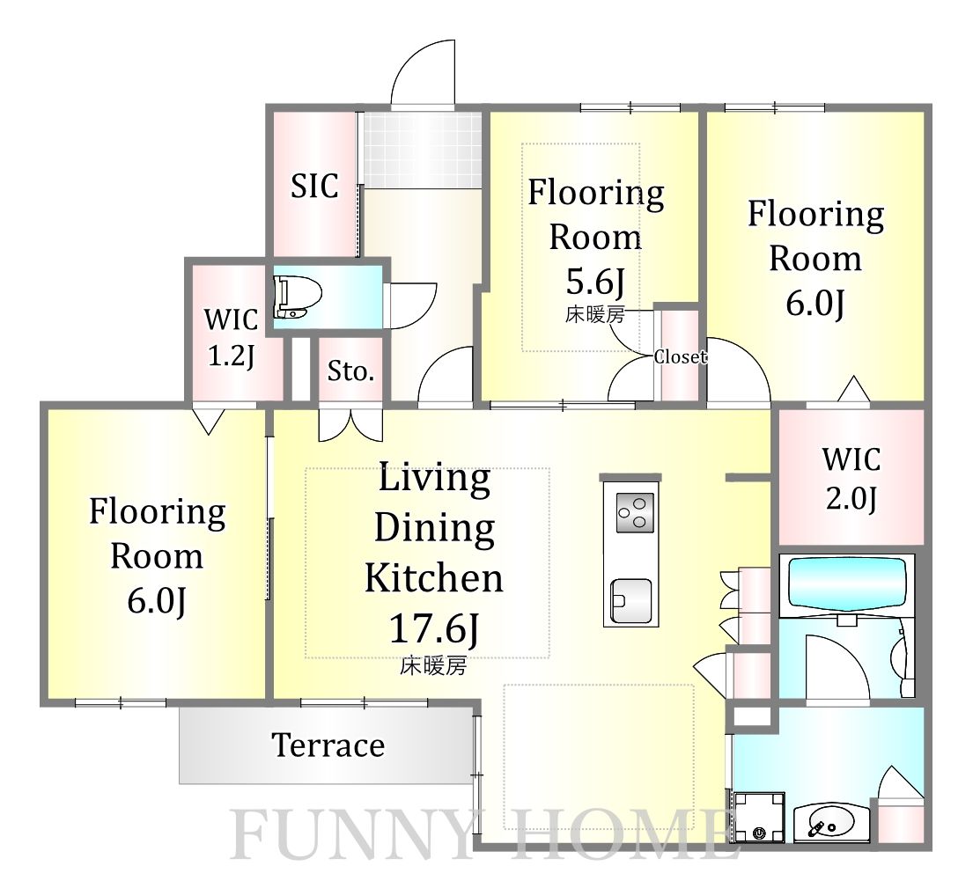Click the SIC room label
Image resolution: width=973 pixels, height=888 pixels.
click(314, 185)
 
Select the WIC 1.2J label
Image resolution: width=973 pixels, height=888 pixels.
click(231, 338)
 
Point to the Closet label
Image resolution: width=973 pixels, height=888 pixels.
click(680, 356)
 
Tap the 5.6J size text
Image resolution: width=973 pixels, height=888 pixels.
click(594, 283)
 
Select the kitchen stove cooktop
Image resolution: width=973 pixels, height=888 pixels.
click(635, 512)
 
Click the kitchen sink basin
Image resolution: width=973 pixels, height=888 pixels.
click(631, 601)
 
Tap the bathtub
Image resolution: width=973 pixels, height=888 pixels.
click(846, 587)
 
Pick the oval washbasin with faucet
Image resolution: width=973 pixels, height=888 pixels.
click(823, 822)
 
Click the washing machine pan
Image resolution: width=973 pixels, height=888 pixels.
click(758, 817)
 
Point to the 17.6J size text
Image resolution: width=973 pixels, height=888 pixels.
click(434, 628)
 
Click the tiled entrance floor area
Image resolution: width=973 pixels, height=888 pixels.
click(422, 150)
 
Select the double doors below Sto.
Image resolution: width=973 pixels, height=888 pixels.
click(350, 425)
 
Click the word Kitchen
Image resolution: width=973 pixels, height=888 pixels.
click(434, 578)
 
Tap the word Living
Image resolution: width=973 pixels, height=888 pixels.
click(434, 480)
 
